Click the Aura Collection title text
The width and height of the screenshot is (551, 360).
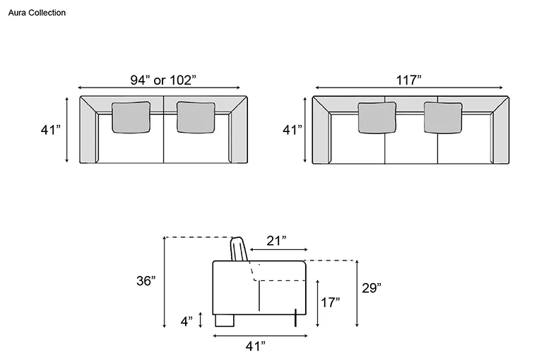point(37,13)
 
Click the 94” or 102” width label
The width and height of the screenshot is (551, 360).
point(163,80)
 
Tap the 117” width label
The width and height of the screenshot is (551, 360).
point(409,80)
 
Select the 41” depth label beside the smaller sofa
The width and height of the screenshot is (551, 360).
point(51,130)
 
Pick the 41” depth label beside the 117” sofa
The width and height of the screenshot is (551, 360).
point(292,130)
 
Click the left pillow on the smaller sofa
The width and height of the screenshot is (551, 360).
point(131,118)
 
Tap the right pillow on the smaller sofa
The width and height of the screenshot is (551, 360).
point(196,118)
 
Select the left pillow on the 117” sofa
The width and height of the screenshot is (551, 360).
point(377,118)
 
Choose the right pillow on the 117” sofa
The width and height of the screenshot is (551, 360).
point(443,118)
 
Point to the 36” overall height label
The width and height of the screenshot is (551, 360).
point(146,281)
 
